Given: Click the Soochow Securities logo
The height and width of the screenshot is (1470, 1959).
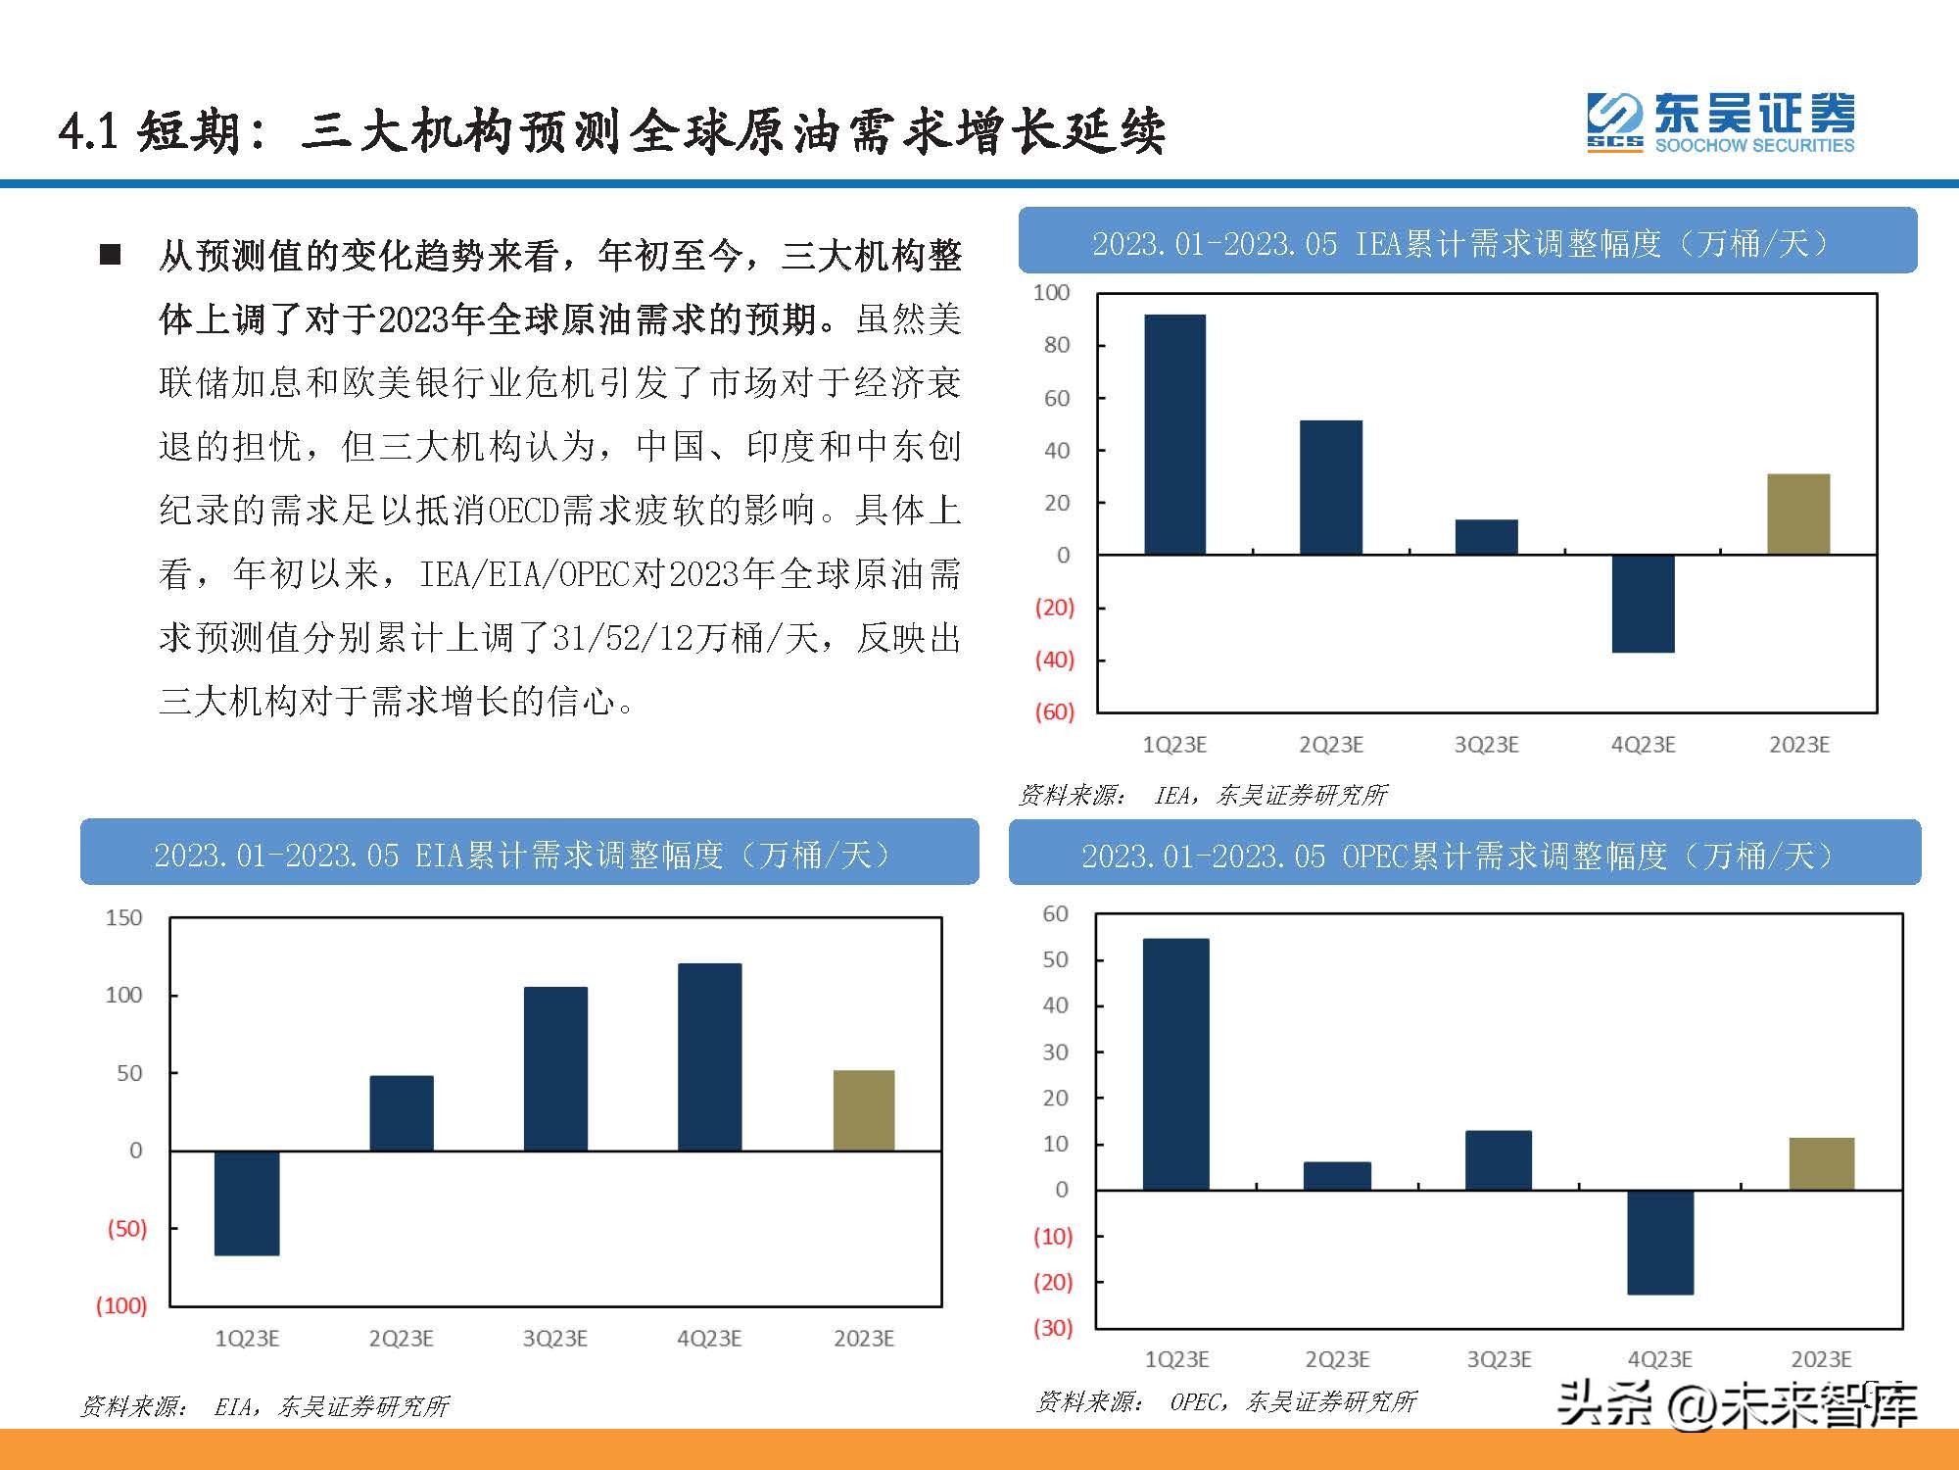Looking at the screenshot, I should coord(1720,122).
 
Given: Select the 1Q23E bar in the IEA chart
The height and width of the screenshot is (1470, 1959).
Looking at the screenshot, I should coord(1174,434).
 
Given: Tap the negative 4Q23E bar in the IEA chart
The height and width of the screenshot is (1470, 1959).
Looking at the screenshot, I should coord(1643,604).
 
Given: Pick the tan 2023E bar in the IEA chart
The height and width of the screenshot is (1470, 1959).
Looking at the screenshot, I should coord(1798,514).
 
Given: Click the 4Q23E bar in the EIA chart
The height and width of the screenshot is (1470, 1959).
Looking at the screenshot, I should coord(709,1056).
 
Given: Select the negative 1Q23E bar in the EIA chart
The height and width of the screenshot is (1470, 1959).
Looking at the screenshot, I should coord(247,1202).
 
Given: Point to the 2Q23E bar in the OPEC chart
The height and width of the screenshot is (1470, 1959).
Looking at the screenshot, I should coord(1337,1176).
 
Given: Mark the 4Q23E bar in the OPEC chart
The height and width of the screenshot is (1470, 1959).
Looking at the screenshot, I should coord(1660,1243).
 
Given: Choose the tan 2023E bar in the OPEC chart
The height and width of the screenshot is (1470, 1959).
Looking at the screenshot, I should coord(1822,1164).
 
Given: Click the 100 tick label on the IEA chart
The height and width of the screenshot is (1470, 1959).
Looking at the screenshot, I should coord(1051,292).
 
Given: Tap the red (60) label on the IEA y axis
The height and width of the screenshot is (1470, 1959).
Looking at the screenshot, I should coord(1054,711).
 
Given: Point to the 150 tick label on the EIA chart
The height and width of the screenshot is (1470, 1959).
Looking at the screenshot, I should coord(123,918).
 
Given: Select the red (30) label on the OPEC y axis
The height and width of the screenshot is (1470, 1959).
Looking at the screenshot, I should coord(1053,1328).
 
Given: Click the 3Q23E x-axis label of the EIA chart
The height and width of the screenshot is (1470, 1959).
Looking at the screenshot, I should coord(554,1339).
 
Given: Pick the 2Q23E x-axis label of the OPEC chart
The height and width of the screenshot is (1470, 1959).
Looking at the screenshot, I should coord(1337,1360).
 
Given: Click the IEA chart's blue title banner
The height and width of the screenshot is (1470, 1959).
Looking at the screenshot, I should coord(1467,241).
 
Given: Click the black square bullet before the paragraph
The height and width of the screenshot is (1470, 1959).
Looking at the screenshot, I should coord(110,256).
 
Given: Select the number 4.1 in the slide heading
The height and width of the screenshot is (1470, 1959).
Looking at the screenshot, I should coord(87,131).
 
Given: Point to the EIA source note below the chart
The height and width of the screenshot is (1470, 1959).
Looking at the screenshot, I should coord(264,1407).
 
